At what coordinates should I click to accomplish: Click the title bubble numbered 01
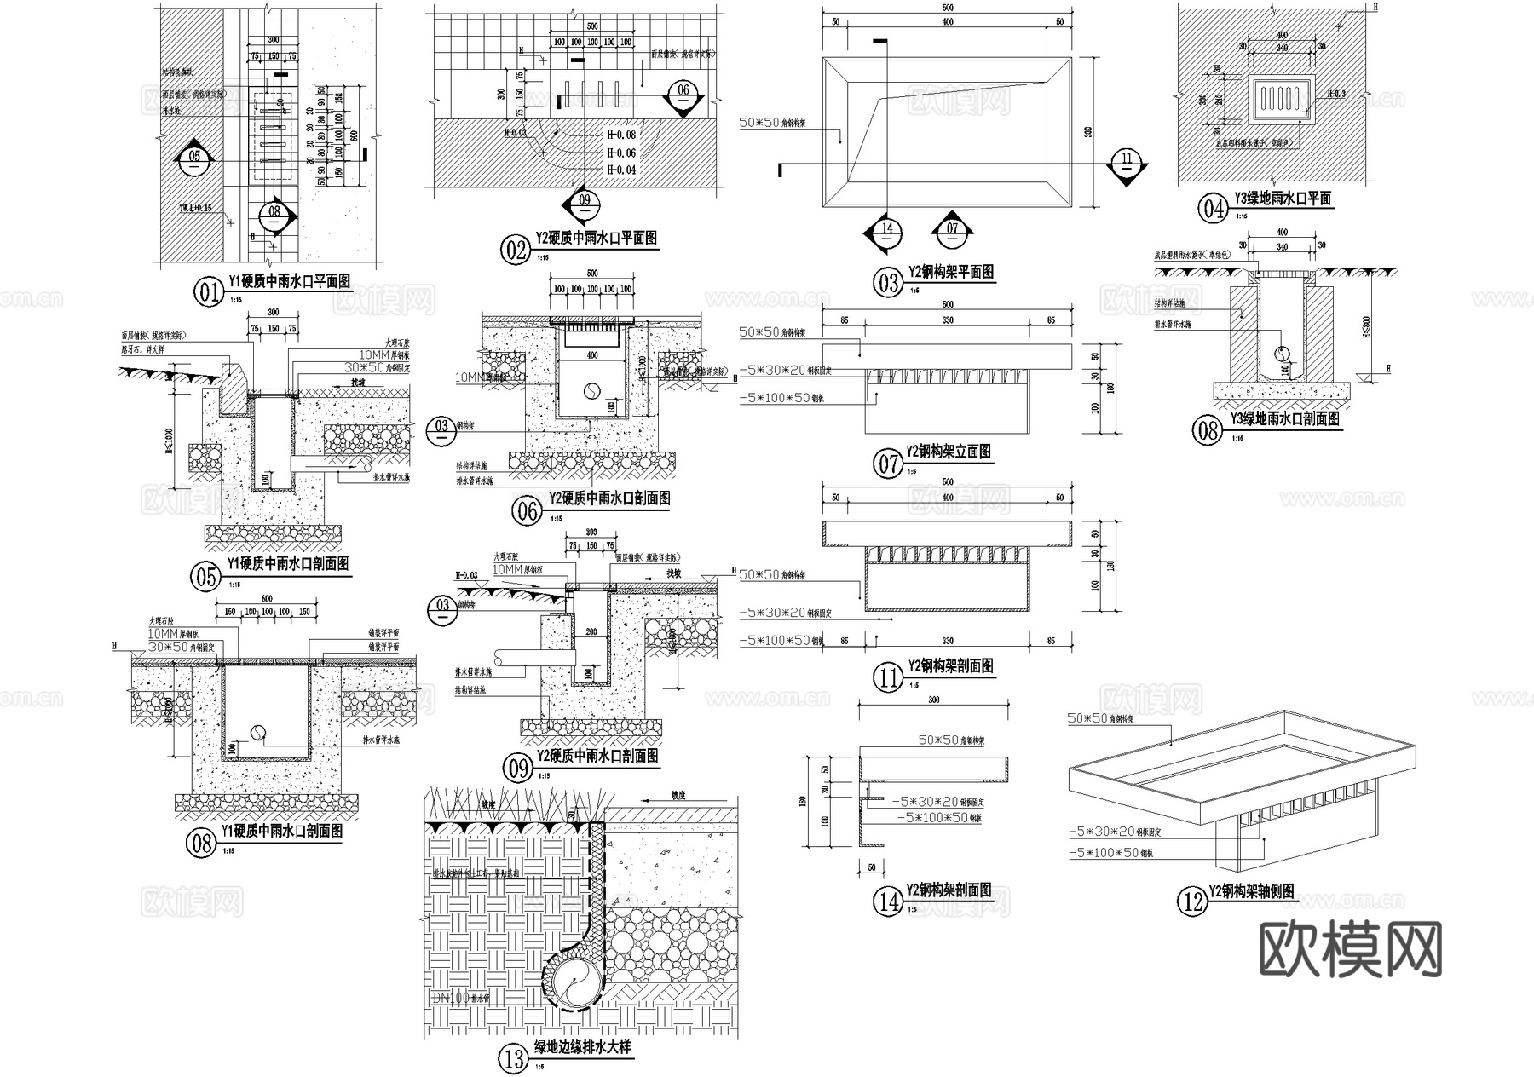coord(208,293)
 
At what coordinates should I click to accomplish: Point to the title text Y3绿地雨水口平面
coord(1289,199)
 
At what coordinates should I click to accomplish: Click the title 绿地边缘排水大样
coord(582,1047)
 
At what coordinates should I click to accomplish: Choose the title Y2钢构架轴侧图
coord(1252,892)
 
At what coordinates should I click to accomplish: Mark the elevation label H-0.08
coord(620,135)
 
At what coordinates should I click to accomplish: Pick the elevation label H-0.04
coord(620,170)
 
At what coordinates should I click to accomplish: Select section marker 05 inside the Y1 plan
coord(194,158)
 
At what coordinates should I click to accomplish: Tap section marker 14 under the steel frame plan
coord(886,230)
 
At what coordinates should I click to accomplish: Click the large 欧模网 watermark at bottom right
coord(1351,948)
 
